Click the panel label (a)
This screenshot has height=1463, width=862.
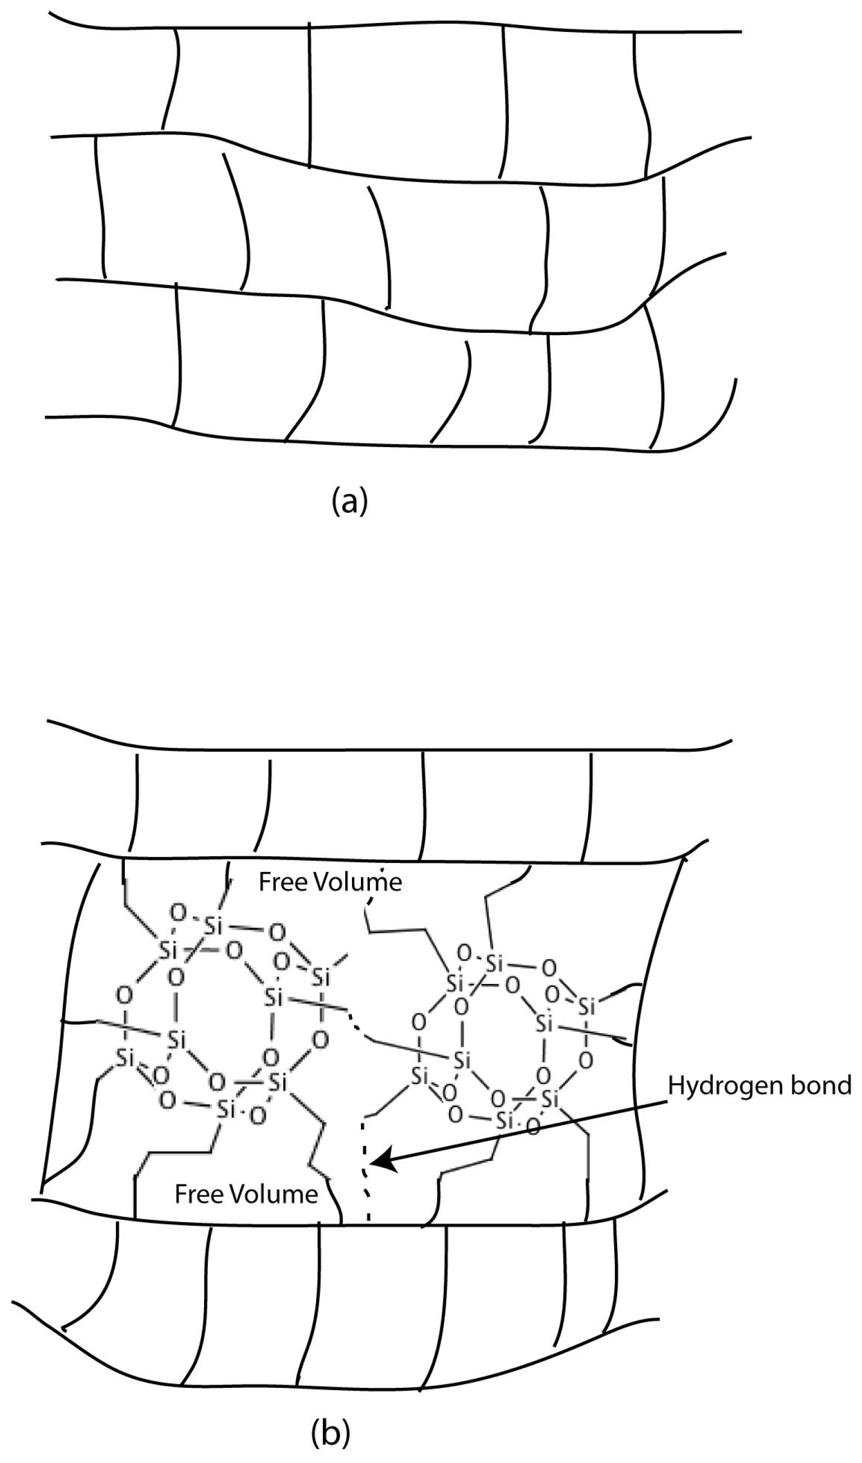(x=349, y=501)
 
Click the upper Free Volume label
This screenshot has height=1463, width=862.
(x=330, y=883)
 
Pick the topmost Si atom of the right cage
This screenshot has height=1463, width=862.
(x=494, y=964)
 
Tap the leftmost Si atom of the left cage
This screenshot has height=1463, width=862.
(x=125, y=1058)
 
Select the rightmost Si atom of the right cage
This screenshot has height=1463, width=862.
(x=588, y=1007)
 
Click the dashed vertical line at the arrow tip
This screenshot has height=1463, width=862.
(x=364, y=1167)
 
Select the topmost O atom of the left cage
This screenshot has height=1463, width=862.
(x=179, y=913)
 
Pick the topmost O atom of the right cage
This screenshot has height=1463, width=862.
(x=464, y=953)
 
